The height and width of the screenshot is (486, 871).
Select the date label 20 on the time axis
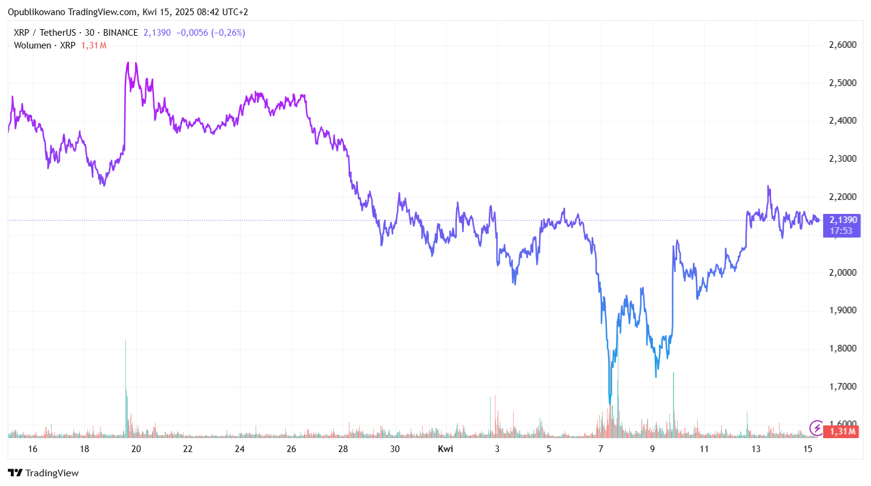pyautogui.click(x=136, y=449)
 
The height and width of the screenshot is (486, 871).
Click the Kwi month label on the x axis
pyautogui.click(x=445, y=449)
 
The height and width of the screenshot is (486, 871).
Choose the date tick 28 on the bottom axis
pyautogui.click(x=343, y=449)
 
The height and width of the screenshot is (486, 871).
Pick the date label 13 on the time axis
pyautogui.click(x=756, y=449)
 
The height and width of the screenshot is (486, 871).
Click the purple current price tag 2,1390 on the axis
pyautogui.click(x=842, y=220)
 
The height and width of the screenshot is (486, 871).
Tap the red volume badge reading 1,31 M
pyautogui.click(x=842, y=431)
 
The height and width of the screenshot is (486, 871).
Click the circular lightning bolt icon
pyautogui.click(x=816, y=428)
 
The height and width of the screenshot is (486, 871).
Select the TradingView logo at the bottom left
pyautogui.click(x=44, y=473)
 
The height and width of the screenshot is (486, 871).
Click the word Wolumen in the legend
pyautogui.click(x=33, y=45)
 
